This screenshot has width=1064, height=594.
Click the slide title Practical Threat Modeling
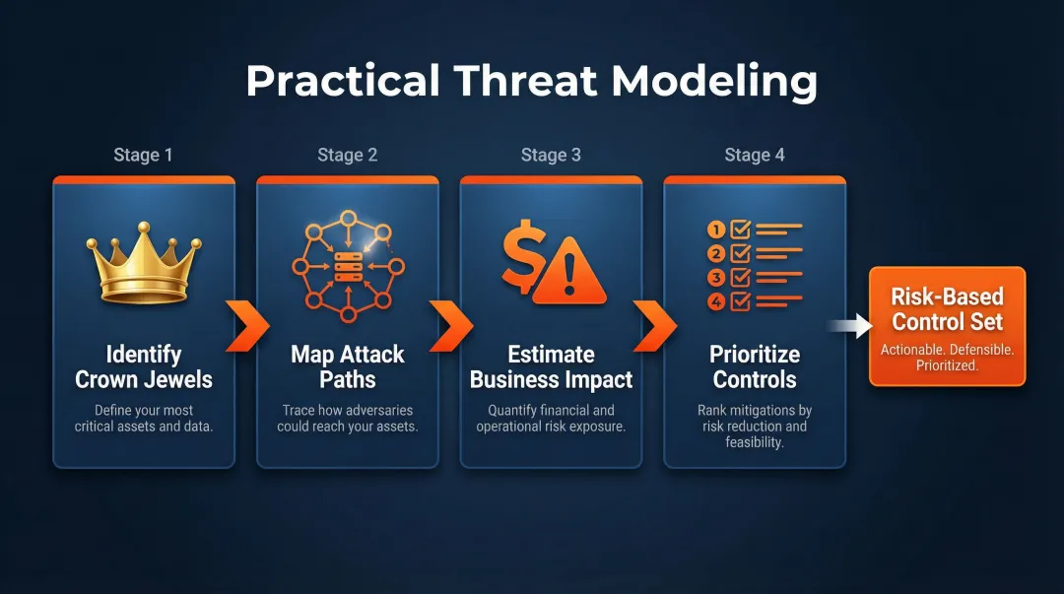coord(531,81)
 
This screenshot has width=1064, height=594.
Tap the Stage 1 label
coord(143,155)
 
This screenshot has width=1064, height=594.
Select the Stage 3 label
coord(551,155)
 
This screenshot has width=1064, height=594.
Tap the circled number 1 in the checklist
coord(716,229)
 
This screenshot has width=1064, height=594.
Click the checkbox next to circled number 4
coord(741,302)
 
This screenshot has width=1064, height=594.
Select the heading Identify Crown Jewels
coord(144,366)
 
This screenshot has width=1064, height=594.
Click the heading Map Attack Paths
coord(347,366)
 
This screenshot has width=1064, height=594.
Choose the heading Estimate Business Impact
coord(551,366)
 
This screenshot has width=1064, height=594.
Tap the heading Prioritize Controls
coord(755,366)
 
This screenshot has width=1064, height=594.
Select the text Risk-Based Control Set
coord(947,309)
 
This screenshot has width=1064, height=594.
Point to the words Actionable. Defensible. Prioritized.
coord(947,357)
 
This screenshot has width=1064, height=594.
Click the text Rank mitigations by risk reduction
coord(755,418)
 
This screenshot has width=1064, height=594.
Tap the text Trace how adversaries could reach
coord(347,418)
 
